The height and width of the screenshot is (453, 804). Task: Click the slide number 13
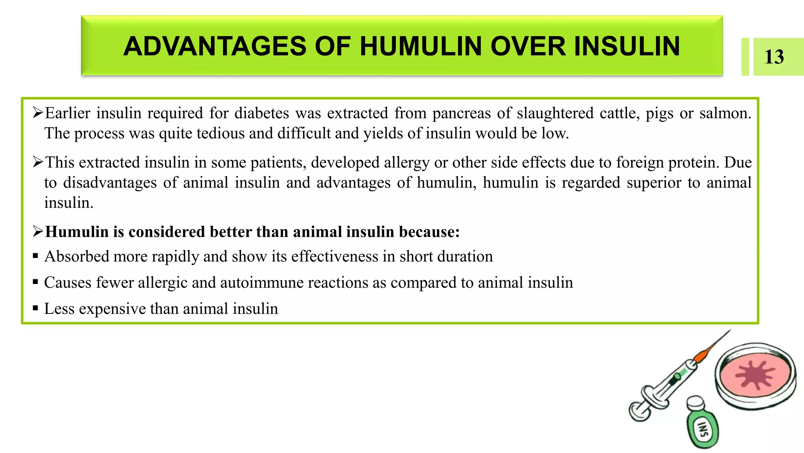[x=774, y=57]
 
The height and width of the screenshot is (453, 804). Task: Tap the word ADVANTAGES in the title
[x=214, y=46]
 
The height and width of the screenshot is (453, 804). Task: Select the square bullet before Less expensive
[x=35, y=308]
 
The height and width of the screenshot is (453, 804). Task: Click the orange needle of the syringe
[x=707, y=350]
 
